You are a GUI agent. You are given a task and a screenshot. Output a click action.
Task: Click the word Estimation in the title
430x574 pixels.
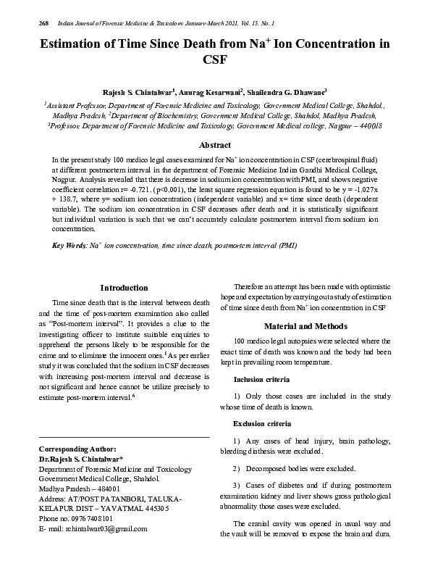[78, 44]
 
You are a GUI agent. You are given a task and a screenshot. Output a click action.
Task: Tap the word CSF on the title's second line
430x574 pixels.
[215, 61]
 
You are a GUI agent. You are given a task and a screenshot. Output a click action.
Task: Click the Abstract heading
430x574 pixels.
[214, 145]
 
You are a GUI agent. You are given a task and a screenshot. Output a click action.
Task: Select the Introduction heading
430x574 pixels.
[124, 288]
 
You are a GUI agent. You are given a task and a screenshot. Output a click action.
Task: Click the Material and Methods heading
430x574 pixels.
[306, 326]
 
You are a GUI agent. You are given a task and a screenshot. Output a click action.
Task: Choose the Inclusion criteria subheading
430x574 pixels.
[261, 379]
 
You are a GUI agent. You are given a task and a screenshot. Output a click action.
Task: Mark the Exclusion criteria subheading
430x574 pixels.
[262, 423]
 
